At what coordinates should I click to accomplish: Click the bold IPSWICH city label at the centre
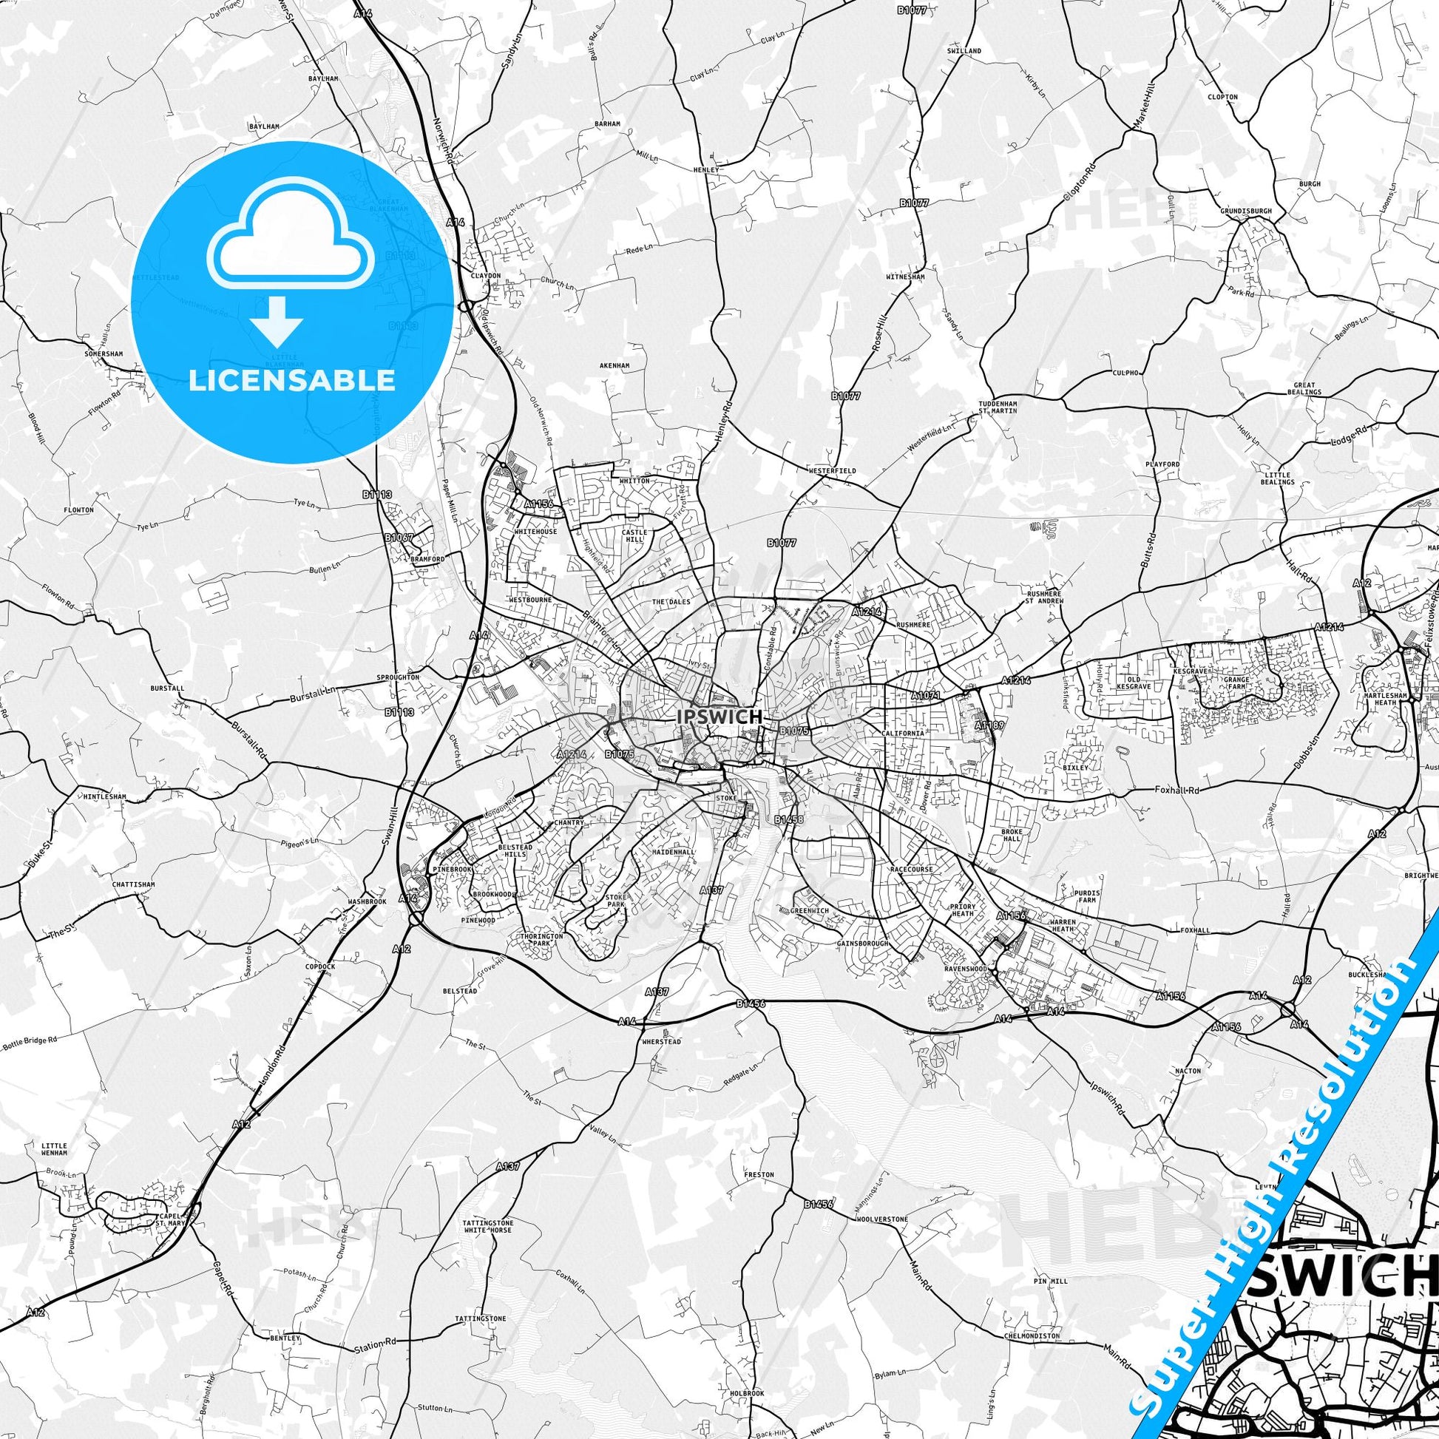tap(719, 717)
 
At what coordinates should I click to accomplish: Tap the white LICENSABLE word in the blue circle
tap(292, 380)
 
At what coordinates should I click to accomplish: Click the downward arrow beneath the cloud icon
tap(277, 321)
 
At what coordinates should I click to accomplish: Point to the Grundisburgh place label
tap(1246, 211)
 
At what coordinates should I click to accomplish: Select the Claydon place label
tap(486, 275)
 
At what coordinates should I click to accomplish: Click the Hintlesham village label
tap(105, 796)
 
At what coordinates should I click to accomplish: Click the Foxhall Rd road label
tap(1153, 789)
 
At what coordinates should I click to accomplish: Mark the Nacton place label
tap(1188, 1070)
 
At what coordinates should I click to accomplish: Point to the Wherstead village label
tap(660, 1041)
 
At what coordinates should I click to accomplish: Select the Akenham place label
tap(614, 366)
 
